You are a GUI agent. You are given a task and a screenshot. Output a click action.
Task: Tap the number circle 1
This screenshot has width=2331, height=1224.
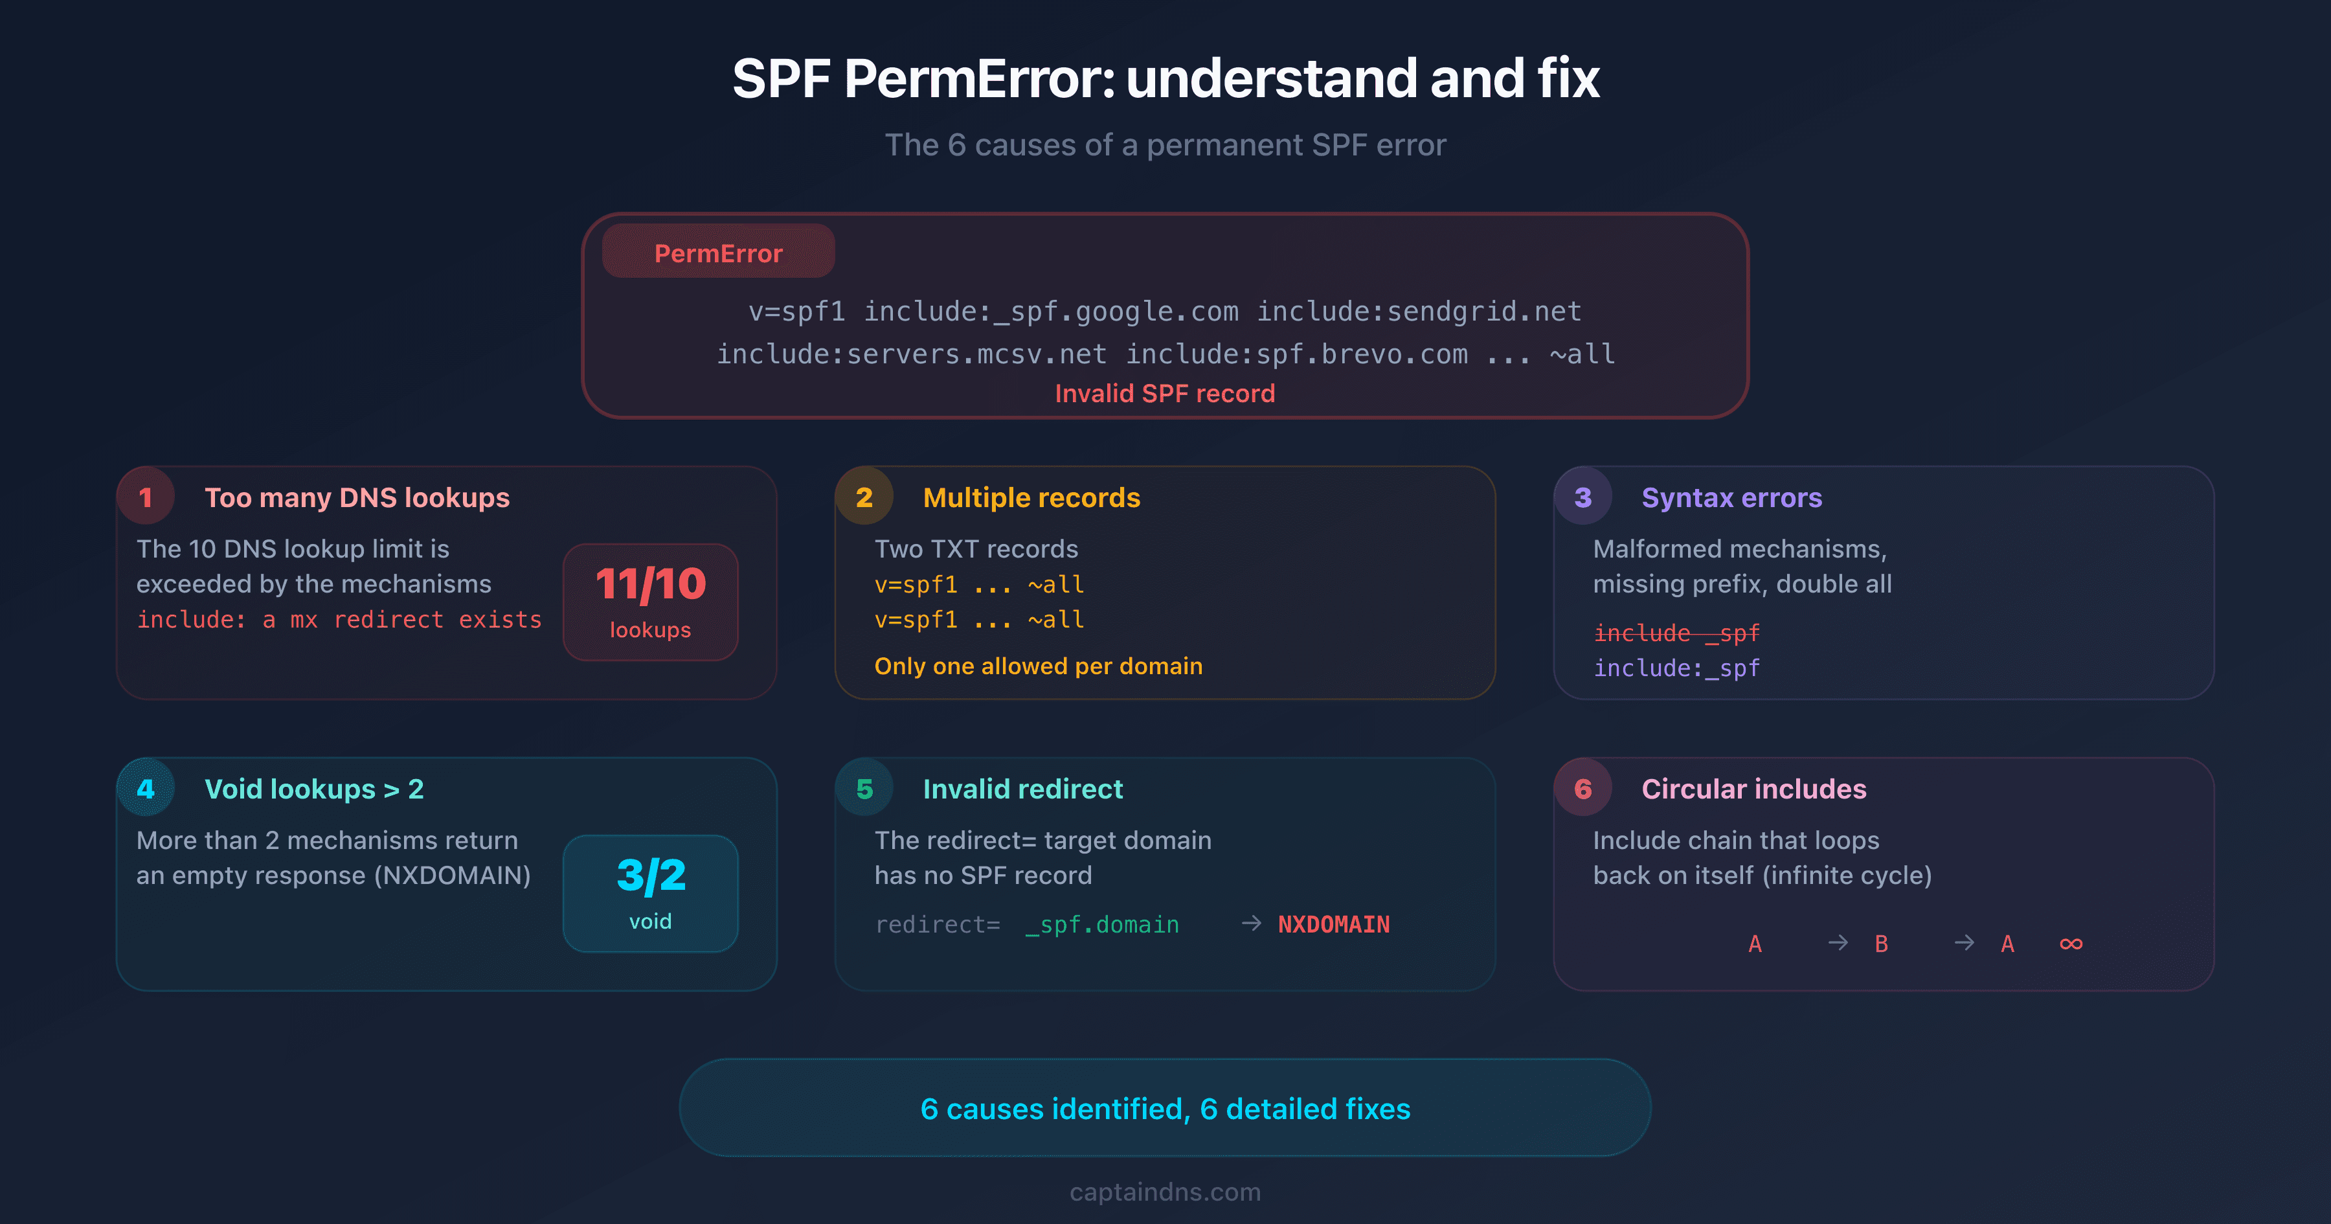pos(146,497)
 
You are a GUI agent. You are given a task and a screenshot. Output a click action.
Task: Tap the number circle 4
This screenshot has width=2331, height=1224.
pos(146,789)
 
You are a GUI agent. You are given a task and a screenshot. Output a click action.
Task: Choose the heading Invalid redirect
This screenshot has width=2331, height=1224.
pos(1022,789)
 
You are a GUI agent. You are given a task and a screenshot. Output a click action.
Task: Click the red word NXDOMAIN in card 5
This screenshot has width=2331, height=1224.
pos(1333,924)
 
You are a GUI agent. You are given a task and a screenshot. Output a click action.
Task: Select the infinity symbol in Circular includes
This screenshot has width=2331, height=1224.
pos(2071,944)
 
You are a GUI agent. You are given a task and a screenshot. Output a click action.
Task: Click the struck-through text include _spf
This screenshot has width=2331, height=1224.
pos(1676,633)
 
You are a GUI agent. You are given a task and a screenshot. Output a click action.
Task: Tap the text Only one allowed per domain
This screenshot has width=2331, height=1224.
pos(1038,666)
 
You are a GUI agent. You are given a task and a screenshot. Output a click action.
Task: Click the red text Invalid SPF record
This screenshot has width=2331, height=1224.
pos(1165,393)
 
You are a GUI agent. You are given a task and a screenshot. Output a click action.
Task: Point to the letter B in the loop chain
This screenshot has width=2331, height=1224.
pos(1881,944)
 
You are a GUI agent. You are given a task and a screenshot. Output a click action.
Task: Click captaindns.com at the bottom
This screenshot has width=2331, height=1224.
pos(1165,1192)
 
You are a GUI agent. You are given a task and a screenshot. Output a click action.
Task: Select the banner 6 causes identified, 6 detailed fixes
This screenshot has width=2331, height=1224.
pos(1165,1108)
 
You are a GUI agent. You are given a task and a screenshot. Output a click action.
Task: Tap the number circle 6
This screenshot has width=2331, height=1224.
pos(1582,789)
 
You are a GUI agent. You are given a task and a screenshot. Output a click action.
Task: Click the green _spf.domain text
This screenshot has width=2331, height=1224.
pos(1101,924)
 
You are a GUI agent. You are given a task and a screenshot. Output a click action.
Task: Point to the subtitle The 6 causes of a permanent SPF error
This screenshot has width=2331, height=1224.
pos(1165,145)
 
